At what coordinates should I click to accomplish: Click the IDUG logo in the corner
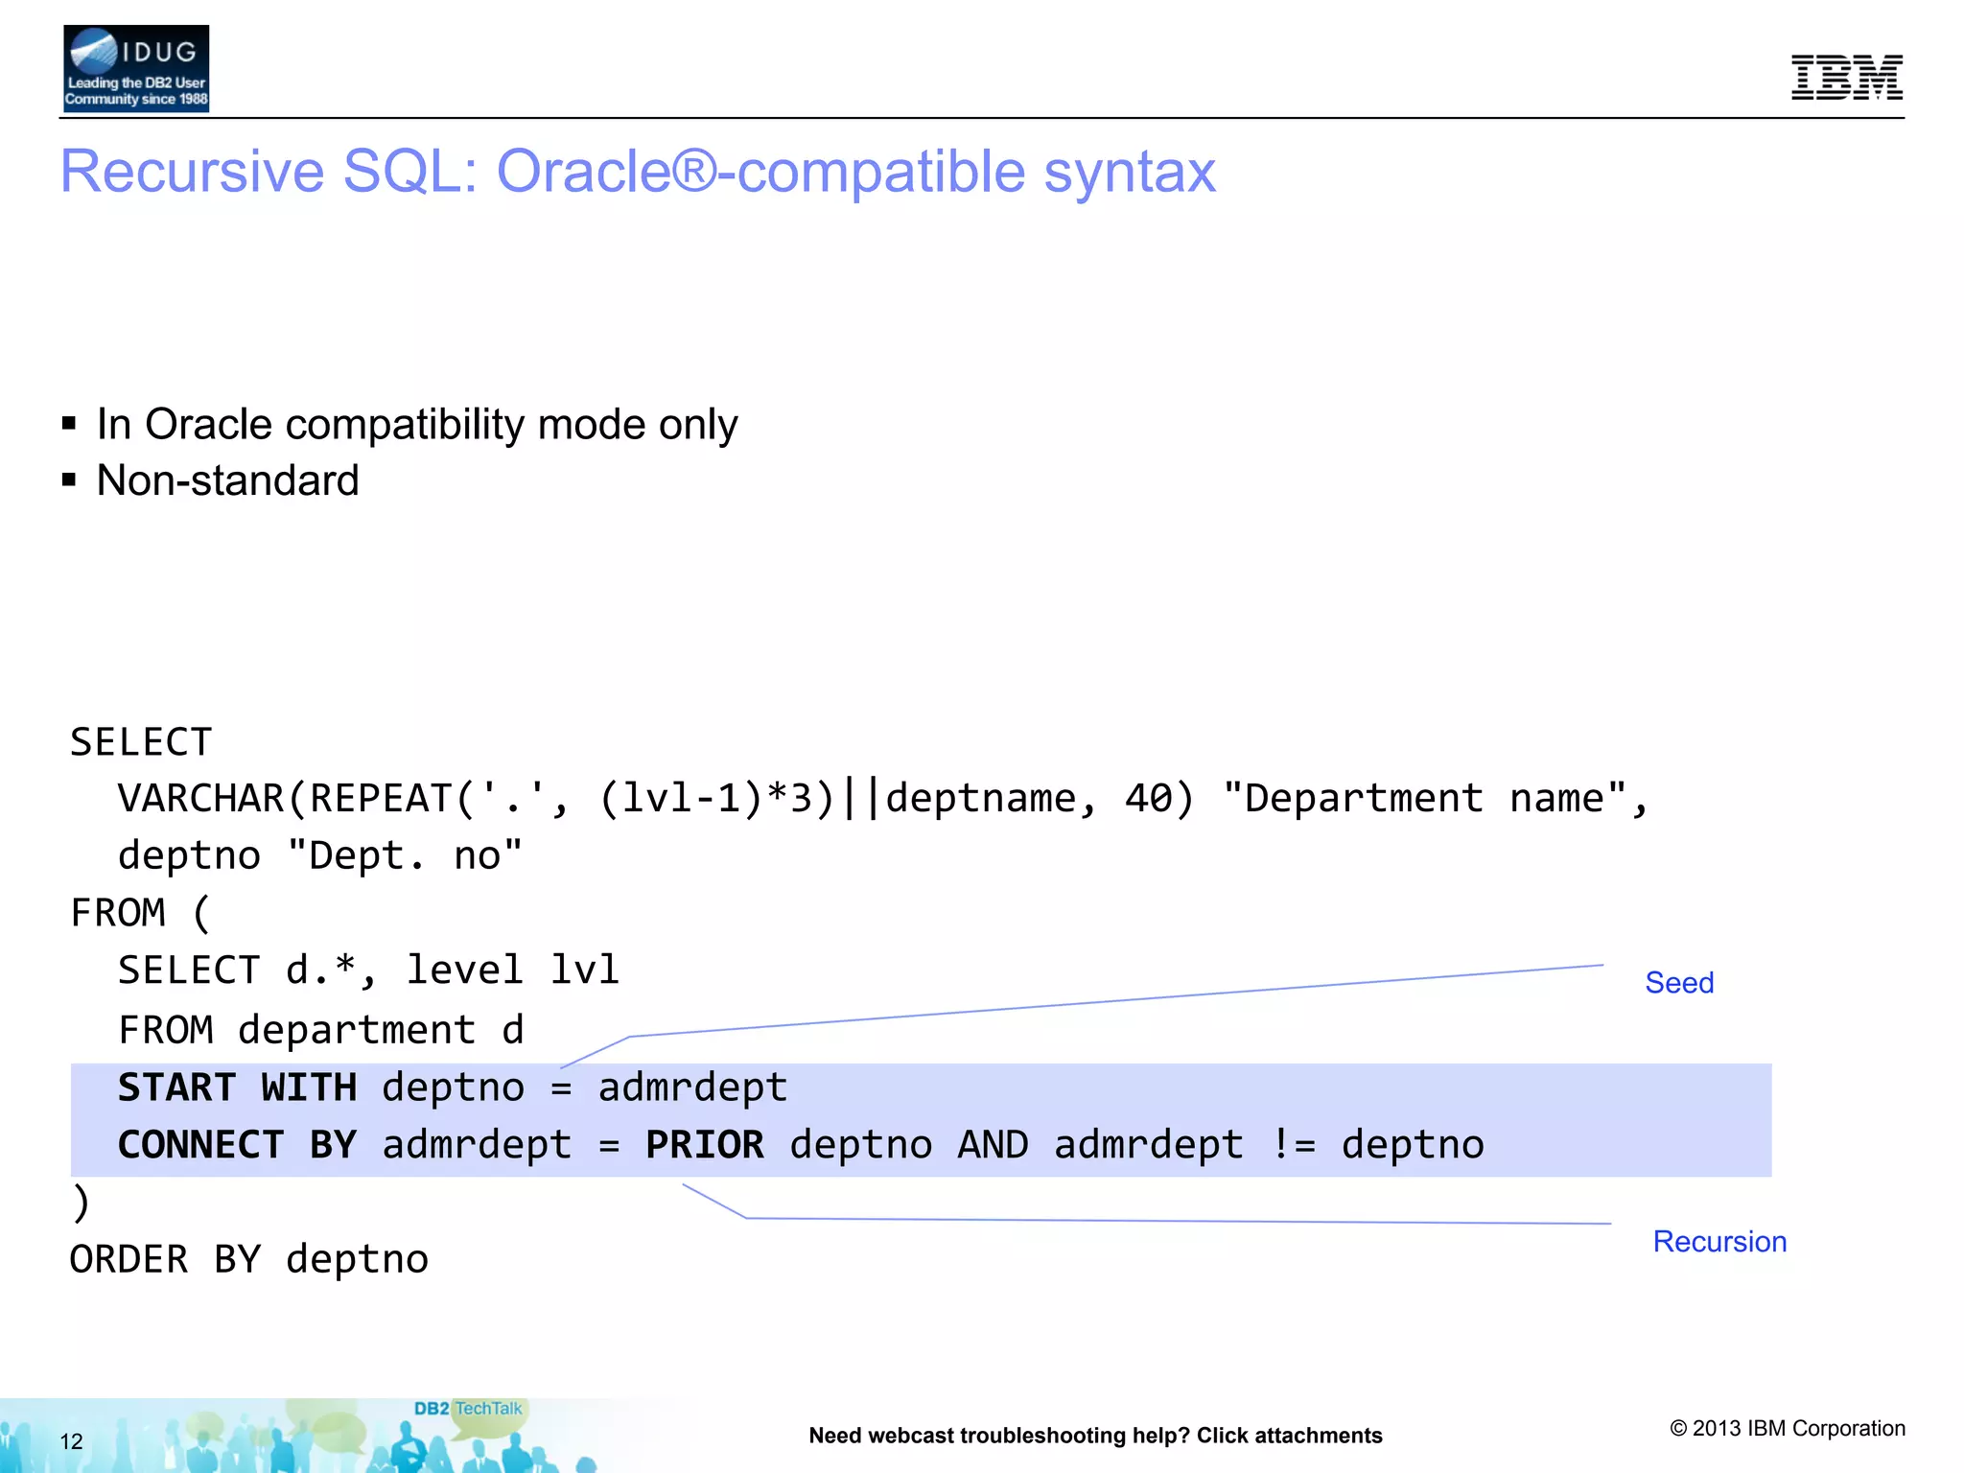pos(135,68)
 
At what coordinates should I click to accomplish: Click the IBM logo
pos(1846,77)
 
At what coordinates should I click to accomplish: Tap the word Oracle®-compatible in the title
pos(855,172)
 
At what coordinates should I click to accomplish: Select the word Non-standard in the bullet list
pos(227,480)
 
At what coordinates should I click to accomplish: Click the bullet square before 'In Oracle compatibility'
pos(69,424)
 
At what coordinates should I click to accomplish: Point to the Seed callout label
pos(1678,983)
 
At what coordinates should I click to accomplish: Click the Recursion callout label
pos(1718,1242)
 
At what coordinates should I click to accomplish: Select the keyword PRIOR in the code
pos(704,1145)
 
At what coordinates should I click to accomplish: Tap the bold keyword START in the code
pos(176,1087)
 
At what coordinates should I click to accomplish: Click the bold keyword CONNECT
pos(200,1145)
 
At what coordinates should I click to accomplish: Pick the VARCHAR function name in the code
pos(200,799)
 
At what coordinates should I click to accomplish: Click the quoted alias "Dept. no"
pos(405,855)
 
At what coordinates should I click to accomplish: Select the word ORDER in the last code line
pos(129,1260)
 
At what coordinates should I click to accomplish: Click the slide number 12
pos(71,1441)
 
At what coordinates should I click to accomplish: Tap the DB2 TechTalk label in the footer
pos(468,1409)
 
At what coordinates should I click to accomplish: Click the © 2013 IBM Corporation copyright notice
pos(1787,1429)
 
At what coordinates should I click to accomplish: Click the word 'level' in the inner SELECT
pos(464,970)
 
